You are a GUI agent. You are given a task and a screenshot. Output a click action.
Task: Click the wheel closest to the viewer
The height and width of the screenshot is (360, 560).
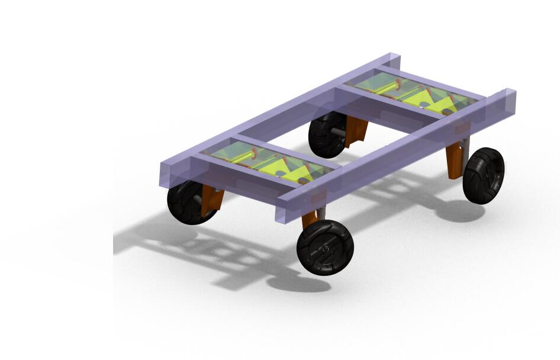(325, 247)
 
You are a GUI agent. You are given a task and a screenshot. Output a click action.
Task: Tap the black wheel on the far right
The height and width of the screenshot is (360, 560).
(484, 175)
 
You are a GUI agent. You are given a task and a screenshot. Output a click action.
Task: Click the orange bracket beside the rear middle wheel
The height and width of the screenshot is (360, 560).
(356, 131)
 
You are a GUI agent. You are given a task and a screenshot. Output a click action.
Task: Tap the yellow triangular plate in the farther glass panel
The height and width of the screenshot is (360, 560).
(435, 101)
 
